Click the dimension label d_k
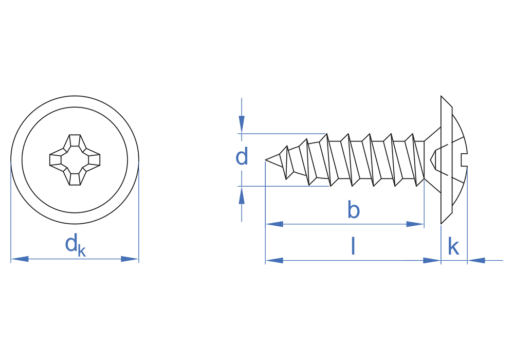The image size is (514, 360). tap(76, 245)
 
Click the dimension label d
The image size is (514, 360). tap(242, 156)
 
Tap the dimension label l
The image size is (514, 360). tap(353, 246)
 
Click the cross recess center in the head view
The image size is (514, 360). tap(75, 159)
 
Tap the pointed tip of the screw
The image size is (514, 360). tap(265, 160)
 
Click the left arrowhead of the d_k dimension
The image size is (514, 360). tap(20, 259)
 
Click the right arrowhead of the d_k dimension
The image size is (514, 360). tap(130, 259)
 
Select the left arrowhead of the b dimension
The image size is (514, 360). tap(274, 224)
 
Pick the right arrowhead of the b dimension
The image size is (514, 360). tap(415, 224)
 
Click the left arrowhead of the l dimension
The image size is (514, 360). tap(274, 261)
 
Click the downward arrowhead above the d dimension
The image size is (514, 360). tap(242, 124)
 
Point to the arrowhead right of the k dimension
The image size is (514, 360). tap(476, 261)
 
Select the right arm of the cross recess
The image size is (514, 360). tap(93, 159)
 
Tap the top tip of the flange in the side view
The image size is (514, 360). tap(441, 96)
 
